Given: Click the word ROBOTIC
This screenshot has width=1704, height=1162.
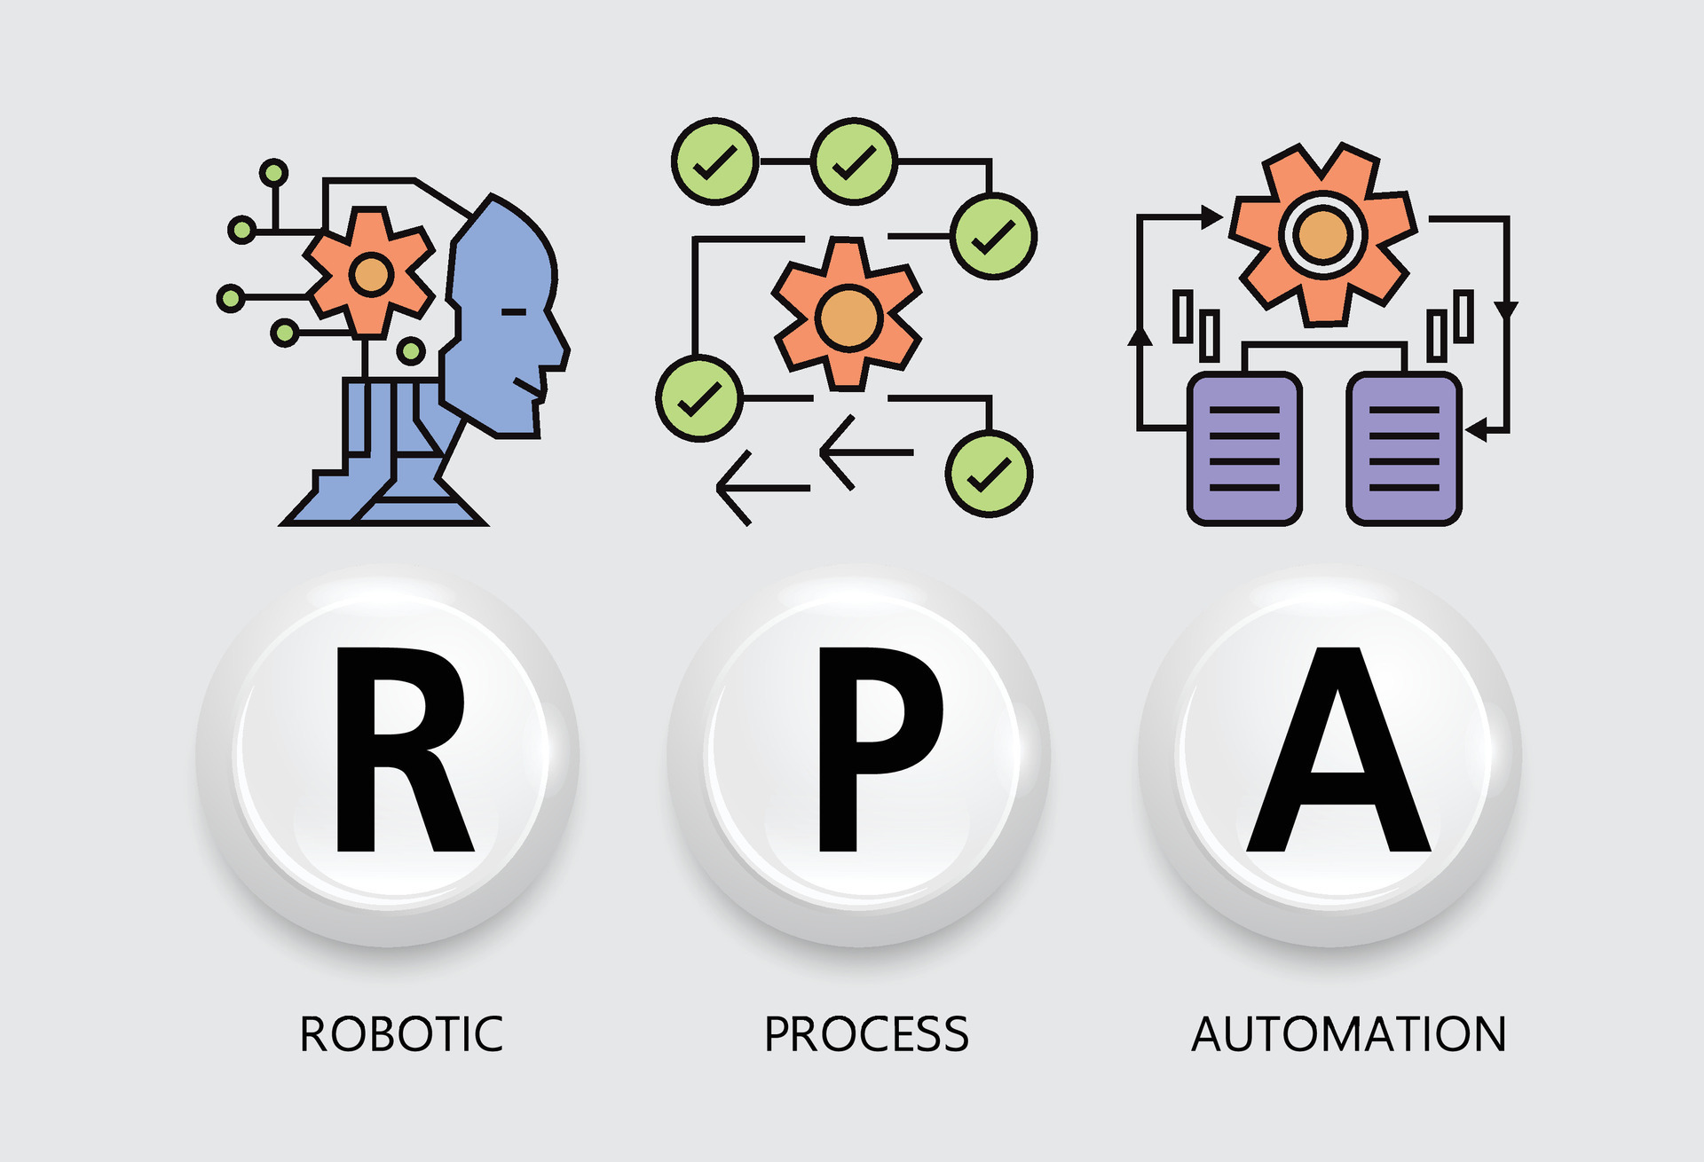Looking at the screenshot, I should [x=401, y=1034].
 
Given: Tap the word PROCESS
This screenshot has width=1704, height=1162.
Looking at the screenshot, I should [x=866, y=1034].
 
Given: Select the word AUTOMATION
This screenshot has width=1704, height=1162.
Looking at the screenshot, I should [x=1348, y=1034].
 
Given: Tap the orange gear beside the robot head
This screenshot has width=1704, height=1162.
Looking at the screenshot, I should [x=370, y=274].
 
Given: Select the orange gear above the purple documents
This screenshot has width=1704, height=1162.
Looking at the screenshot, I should [x=1322, y=235].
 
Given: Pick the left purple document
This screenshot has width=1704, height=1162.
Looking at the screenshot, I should [x=1244, y=448].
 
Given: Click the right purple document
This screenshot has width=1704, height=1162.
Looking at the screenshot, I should [x=1403, y=448].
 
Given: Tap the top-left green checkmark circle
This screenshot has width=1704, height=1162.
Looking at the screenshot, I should [x=714, y=161].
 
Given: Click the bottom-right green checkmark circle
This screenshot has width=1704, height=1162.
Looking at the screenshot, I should [x=989, y=474].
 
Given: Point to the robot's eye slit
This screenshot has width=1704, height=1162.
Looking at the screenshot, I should [x=513, y=312].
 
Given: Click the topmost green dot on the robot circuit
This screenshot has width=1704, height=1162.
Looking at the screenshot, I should [x=273, y=172].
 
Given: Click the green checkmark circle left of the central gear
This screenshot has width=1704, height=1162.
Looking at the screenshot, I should [x=699, y=398].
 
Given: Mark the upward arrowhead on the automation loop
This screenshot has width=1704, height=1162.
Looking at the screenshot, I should [x=1140, y=335].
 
